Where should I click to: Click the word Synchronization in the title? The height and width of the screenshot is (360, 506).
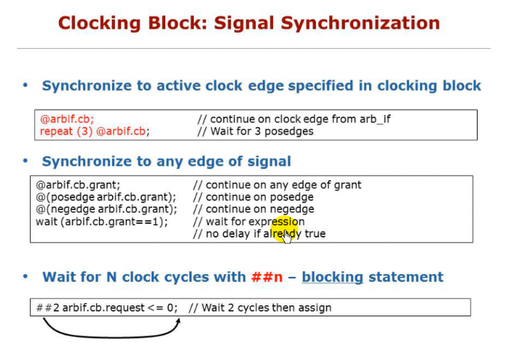click(x=360, y=23)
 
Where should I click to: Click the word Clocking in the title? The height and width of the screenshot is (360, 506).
click(x=100, y=23)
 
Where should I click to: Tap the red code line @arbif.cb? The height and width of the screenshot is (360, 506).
click(x=67, y=119)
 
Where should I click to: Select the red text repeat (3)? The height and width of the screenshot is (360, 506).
click(x=66, y=131)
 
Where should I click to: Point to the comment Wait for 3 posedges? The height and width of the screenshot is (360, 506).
click(x=261, y=131)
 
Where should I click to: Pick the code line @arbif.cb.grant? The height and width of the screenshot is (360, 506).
click(x=78, y=185)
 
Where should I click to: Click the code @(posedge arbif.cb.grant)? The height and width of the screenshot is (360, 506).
click(x=106, y=197)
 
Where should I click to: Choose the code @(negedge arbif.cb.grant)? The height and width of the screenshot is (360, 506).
click(x=106, y=209)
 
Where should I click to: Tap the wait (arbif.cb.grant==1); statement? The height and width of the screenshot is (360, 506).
click(x=102, y=222)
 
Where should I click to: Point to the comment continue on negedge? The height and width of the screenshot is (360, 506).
click(x=260, y=209)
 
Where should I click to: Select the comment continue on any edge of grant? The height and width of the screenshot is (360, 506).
click(x=283, y=185)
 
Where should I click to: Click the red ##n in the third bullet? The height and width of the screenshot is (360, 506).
click(x=267, y=277)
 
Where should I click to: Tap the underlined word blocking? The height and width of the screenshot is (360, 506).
click(x=333, y=277)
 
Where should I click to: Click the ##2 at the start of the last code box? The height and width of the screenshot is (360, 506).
click(x=48, y=308)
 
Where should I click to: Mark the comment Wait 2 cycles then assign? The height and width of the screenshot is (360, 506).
click(x=266, y=308)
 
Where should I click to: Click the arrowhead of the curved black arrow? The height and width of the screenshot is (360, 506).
click(x=178, y=321)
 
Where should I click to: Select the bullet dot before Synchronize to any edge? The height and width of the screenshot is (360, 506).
click(x=25, y=161)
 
